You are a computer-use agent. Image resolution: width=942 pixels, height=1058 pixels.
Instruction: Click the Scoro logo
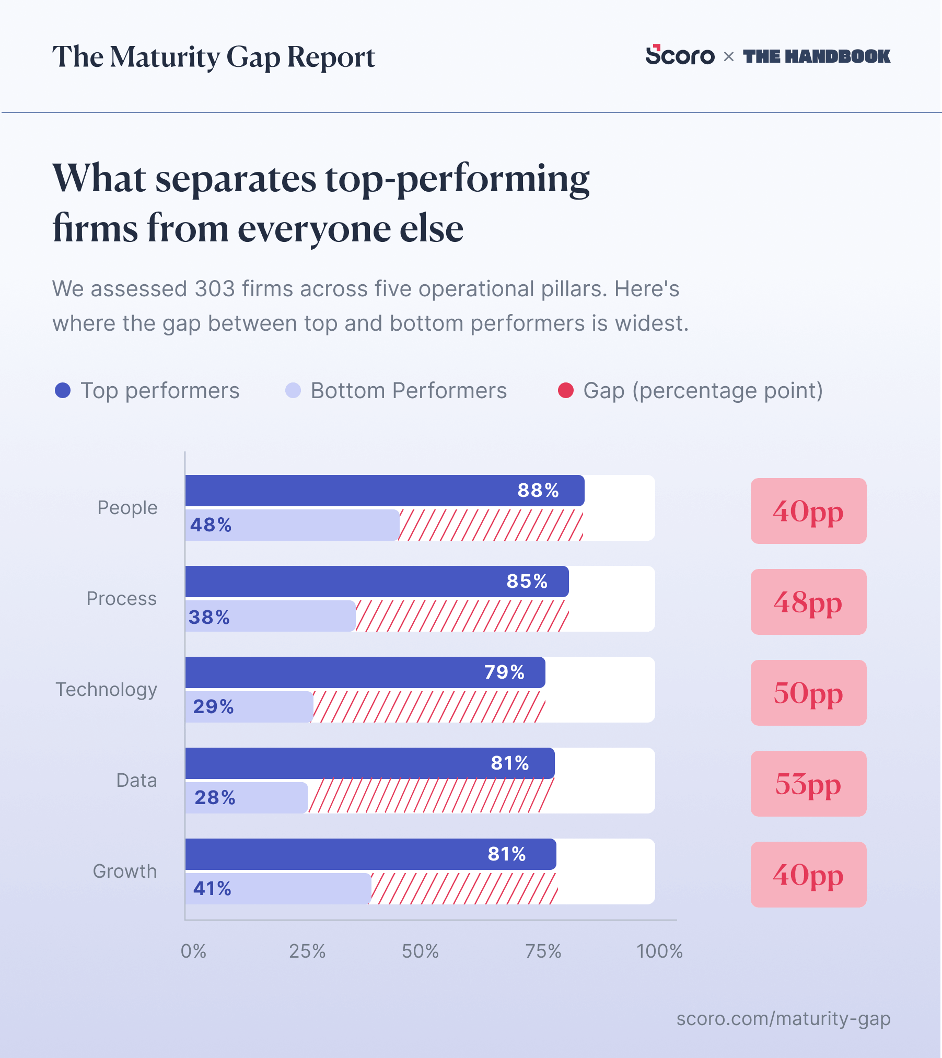pos(680,55)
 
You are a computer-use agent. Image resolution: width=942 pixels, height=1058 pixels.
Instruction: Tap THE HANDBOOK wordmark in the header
pos(817,56)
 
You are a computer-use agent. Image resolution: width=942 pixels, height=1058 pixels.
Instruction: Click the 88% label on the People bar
pos(538,490)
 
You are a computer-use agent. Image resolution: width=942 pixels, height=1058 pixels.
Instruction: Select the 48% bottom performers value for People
pos(211,525)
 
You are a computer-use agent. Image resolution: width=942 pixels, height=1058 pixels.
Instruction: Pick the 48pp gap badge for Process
pos(808,602)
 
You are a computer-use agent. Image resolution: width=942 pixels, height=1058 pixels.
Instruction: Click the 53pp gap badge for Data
pos(808,784)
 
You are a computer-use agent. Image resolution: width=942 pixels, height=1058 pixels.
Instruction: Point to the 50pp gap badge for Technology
pos(808,693)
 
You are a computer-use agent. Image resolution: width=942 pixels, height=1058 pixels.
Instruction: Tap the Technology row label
pos(107,690)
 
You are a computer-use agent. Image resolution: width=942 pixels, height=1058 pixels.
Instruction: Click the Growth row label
pos(125,871)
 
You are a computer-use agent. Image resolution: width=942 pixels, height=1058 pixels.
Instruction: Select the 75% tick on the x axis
pos(543,951)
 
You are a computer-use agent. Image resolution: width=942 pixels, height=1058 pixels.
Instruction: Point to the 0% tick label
pos(193,951)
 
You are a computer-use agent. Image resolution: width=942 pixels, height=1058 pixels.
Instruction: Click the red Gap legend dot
pos(566,390)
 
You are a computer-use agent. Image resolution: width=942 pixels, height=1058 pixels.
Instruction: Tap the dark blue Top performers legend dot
pos(63,390)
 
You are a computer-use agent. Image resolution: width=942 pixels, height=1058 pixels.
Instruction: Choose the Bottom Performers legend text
pos(409,391)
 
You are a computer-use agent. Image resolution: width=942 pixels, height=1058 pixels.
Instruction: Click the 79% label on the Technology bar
pos(504,672)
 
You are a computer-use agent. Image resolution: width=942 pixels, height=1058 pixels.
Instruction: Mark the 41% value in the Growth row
pos(212,888)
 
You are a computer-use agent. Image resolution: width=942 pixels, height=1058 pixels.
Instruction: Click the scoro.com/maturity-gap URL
pos(783,1019)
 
